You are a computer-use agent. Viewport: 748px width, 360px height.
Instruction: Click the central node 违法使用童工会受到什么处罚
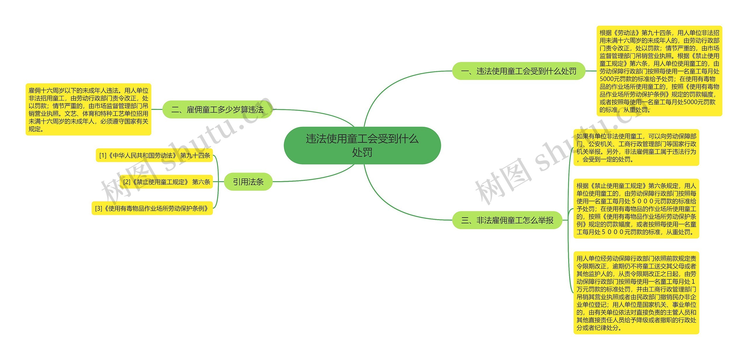[362, 145]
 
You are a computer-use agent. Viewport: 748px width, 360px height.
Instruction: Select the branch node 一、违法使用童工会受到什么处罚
[519, 71]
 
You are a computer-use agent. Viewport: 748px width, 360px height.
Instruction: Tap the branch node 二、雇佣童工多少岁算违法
[217, 110]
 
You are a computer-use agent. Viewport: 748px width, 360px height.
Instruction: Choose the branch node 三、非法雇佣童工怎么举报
[507, 220]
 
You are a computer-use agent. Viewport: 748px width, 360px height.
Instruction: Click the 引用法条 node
[248, 182]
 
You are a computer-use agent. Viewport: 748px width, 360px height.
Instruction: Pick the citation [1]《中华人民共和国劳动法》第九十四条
[154, 155]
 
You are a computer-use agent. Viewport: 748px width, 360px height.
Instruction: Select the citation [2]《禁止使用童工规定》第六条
[166, 182]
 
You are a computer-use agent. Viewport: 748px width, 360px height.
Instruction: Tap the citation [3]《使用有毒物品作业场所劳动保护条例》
[152, 208]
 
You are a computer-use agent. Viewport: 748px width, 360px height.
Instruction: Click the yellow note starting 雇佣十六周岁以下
[88, 110]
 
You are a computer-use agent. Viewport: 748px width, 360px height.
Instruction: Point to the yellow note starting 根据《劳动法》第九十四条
[659, 71]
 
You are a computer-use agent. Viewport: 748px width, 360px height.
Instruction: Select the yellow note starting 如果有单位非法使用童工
[636, 148]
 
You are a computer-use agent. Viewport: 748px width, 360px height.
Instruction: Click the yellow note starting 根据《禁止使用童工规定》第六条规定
[636, 209]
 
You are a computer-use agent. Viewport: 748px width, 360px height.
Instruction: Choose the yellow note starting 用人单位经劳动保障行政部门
[636, 293]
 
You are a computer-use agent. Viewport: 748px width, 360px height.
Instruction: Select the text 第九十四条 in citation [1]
[195, 155]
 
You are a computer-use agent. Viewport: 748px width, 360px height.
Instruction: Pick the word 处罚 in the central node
[362, 152]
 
